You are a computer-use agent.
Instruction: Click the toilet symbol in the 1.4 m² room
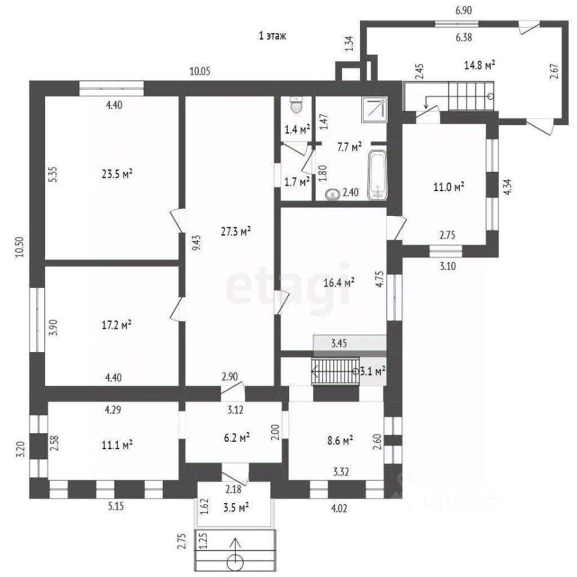click(x=296, y=105)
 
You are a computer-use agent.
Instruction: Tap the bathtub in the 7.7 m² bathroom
click(x=377, y=176)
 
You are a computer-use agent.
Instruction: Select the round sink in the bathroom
click(x=332, y=195)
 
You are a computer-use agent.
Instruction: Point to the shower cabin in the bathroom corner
click(x=374, y=109)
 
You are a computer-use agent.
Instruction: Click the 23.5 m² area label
click(x=117, y=173)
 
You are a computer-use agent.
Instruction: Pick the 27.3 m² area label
click(x=236, y=231)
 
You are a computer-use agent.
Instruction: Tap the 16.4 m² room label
click(x=339, y=282)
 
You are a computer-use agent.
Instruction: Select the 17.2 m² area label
click(x=117, y=325)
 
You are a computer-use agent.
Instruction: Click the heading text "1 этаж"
click(x=272, y=35)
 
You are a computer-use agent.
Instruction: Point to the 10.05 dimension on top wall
click(x=200, y=71)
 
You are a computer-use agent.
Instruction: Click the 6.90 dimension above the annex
click(x=463, y=10)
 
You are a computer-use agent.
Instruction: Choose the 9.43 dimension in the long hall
click(x=198, y=243)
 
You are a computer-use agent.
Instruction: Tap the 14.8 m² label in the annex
click(x=480, y=65)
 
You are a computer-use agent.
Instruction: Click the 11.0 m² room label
click(x=448, y=187)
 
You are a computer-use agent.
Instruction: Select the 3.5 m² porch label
click(x=236, y=508)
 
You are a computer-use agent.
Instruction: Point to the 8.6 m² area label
click(x=340, y=440)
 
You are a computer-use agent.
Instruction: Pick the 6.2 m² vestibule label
click(x=237, y=438)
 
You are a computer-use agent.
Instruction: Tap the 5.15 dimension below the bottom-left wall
click(x=116, y=506)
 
